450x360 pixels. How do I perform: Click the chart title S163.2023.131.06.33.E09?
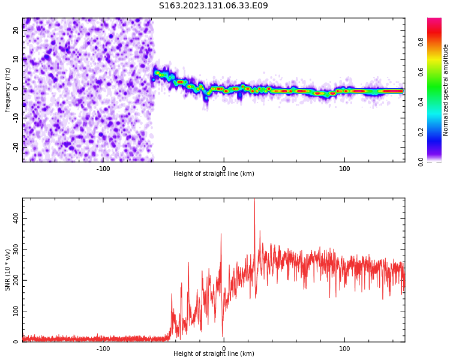213,5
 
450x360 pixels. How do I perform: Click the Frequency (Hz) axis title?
7,90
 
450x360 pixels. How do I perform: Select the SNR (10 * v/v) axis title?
7,270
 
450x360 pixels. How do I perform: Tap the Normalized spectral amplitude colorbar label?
445,90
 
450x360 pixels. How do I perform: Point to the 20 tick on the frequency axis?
16,30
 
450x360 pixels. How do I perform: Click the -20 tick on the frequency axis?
16,147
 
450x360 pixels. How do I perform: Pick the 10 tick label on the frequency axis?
16,59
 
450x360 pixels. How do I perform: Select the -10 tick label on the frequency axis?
16,118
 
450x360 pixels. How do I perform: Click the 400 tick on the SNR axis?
16,218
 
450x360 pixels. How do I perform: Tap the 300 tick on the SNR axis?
16,249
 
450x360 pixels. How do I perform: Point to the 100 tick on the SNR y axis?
16,311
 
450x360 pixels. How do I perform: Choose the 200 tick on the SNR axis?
16,280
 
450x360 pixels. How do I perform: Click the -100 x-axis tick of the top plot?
103,169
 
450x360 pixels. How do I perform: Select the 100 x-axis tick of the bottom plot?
344,349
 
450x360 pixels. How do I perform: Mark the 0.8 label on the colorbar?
421,42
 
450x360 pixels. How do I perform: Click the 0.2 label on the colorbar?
421,133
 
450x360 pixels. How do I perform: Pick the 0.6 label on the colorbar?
421,72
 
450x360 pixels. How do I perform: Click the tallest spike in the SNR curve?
254,199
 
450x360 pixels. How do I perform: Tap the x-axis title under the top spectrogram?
214,173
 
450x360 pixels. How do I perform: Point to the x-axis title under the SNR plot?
214,353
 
